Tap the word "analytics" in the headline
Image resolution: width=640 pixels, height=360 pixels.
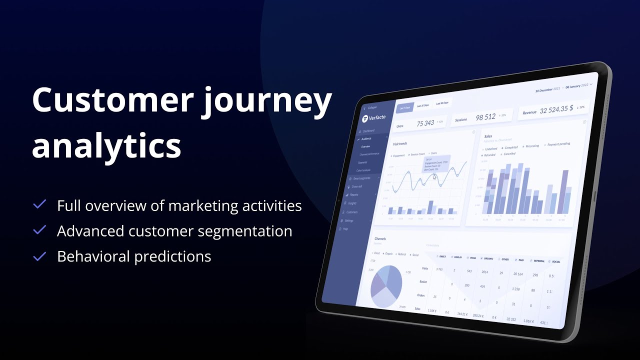(x=106, y=145)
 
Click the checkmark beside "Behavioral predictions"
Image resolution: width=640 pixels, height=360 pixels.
(x=39, y=256)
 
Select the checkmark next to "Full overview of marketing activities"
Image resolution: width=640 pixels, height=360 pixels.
(x=39, y=205)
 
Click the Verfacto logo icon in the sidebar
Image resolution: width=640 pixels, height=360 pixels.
(x=365, y=118)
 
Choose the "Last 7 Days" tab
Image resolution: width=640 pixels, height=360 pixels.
(x=404, y=107)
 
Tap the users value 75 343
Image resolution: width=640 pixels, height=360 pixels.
(x=425, y=123)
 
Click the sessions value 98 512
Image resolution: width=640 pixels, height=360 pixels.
(x=485, y=117)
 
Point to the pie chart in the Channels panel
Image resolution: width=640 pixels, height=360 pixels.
(x=386, y=286)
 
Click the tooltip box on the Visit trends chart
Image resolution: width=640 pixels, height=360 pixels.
(x=436, y=164)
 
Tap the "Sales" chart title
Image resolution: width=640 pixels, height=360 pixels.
(x=488, y=135)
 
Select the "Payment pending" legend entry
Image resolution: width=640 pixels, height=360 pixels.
(x=558, y=144)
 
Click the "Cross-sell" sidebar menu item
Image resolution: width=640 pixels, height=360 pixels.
(x=356, y=186)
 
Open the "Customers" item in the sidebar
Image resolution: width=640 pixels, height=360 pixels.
(x=352, y=212)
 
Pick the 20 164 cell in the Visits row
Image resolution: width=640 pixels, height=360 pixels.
(x=517, y=274)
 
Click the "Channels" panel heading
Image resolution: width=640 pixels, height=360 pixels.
(x=380, y=239)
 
